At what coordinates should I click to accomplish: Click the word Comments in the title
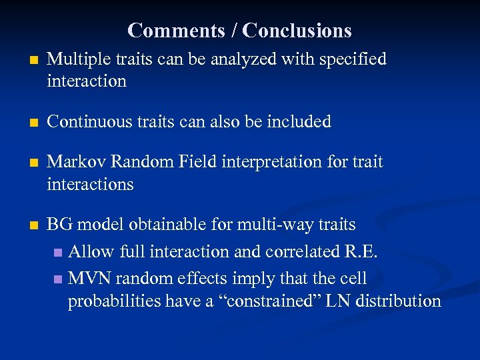tap(167, 31)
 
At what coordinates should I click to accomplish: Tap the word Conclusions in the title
tap(297, 31)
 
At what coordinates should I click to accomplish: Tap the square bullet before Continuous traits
tap(25, 122)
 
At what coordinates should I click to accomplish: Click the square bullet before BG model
tap(25, 225)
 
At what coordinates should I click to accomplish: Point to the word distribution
tap(398, 301)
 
